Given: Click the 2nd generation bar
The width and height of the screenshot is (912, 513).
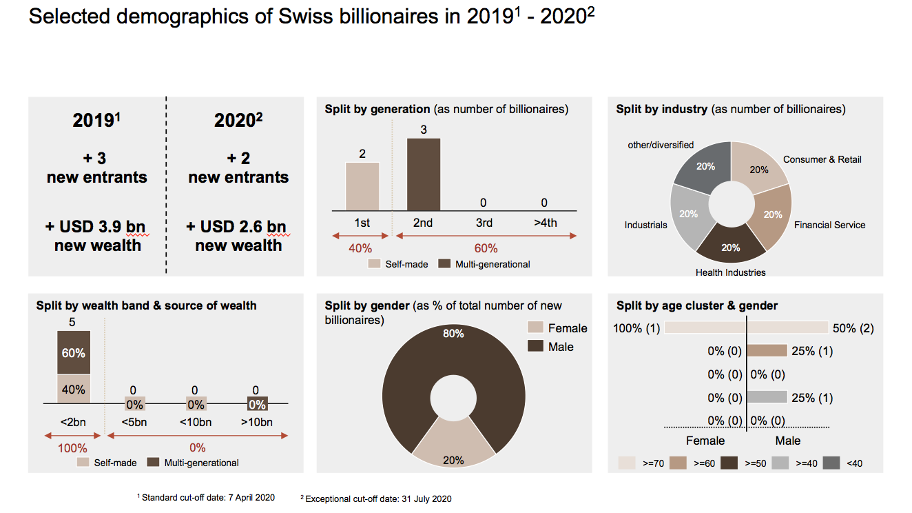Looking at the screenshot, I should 423,174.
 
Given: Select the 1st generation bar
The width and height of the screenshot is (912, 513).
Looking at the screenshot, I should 362,186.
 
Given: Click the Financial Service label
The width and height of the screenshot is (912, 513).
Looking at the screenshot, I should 829,225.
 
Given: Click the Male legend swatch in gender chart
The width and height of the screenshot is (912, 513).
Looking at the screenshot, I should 536,347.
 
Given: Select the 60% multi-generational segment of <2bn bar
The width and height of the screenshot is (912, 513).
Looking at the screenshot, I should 73,352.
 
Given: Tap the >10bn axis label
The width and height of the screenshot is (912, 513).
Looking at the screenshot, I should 258,422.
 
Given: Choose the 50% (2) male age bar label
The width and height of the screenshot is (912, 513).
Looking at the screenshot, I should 853,328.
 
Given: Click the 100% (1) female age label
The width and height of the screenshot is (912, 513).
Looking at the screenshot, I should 636,328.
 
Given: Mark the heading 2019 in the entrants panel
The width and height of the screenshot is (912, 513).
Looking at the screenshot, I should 96,121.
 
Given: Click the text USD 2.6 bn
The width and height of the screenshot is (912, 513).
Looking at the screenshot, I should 238,228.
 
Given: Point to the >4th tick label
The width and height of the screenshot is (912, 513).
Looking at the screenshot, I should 544,223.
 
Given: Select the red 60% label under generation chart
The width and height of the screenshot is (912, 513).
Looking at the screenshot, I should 485,248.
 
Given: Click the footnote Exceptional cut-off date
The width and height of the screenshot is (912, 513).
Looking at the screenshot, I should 378,499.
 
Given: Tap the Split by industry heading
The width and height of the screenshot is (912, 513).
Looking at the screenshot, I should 661,109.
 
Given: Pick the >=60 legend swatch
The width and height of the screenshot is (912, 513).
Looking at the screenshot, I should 679,463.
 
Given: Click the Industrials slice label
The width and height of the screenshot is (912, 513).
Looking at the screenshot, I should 645,225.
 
